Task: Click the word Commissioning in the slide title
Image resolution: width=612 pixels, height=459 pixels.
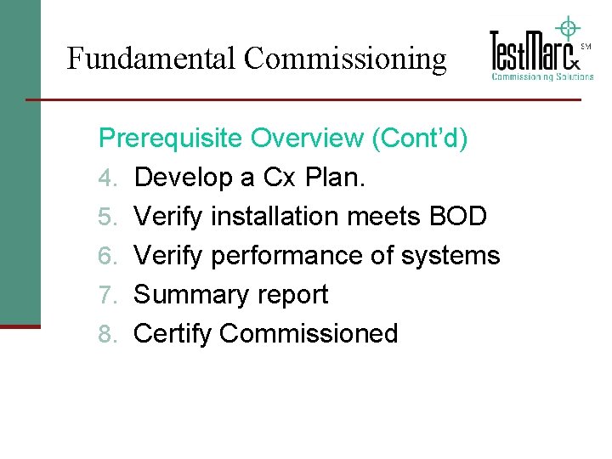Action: point(344,59)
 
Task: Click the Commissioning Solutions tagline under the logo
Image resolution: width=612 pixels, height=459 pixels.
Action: point(542,76)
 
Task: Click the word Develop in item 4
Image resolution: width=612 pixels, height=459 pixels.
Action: point(182,178)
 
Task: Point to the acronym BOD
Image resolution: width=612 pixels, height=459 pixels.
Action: point(456,217)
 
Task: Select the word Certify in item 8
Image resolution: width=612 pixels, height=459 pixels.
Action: point(173,334)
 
